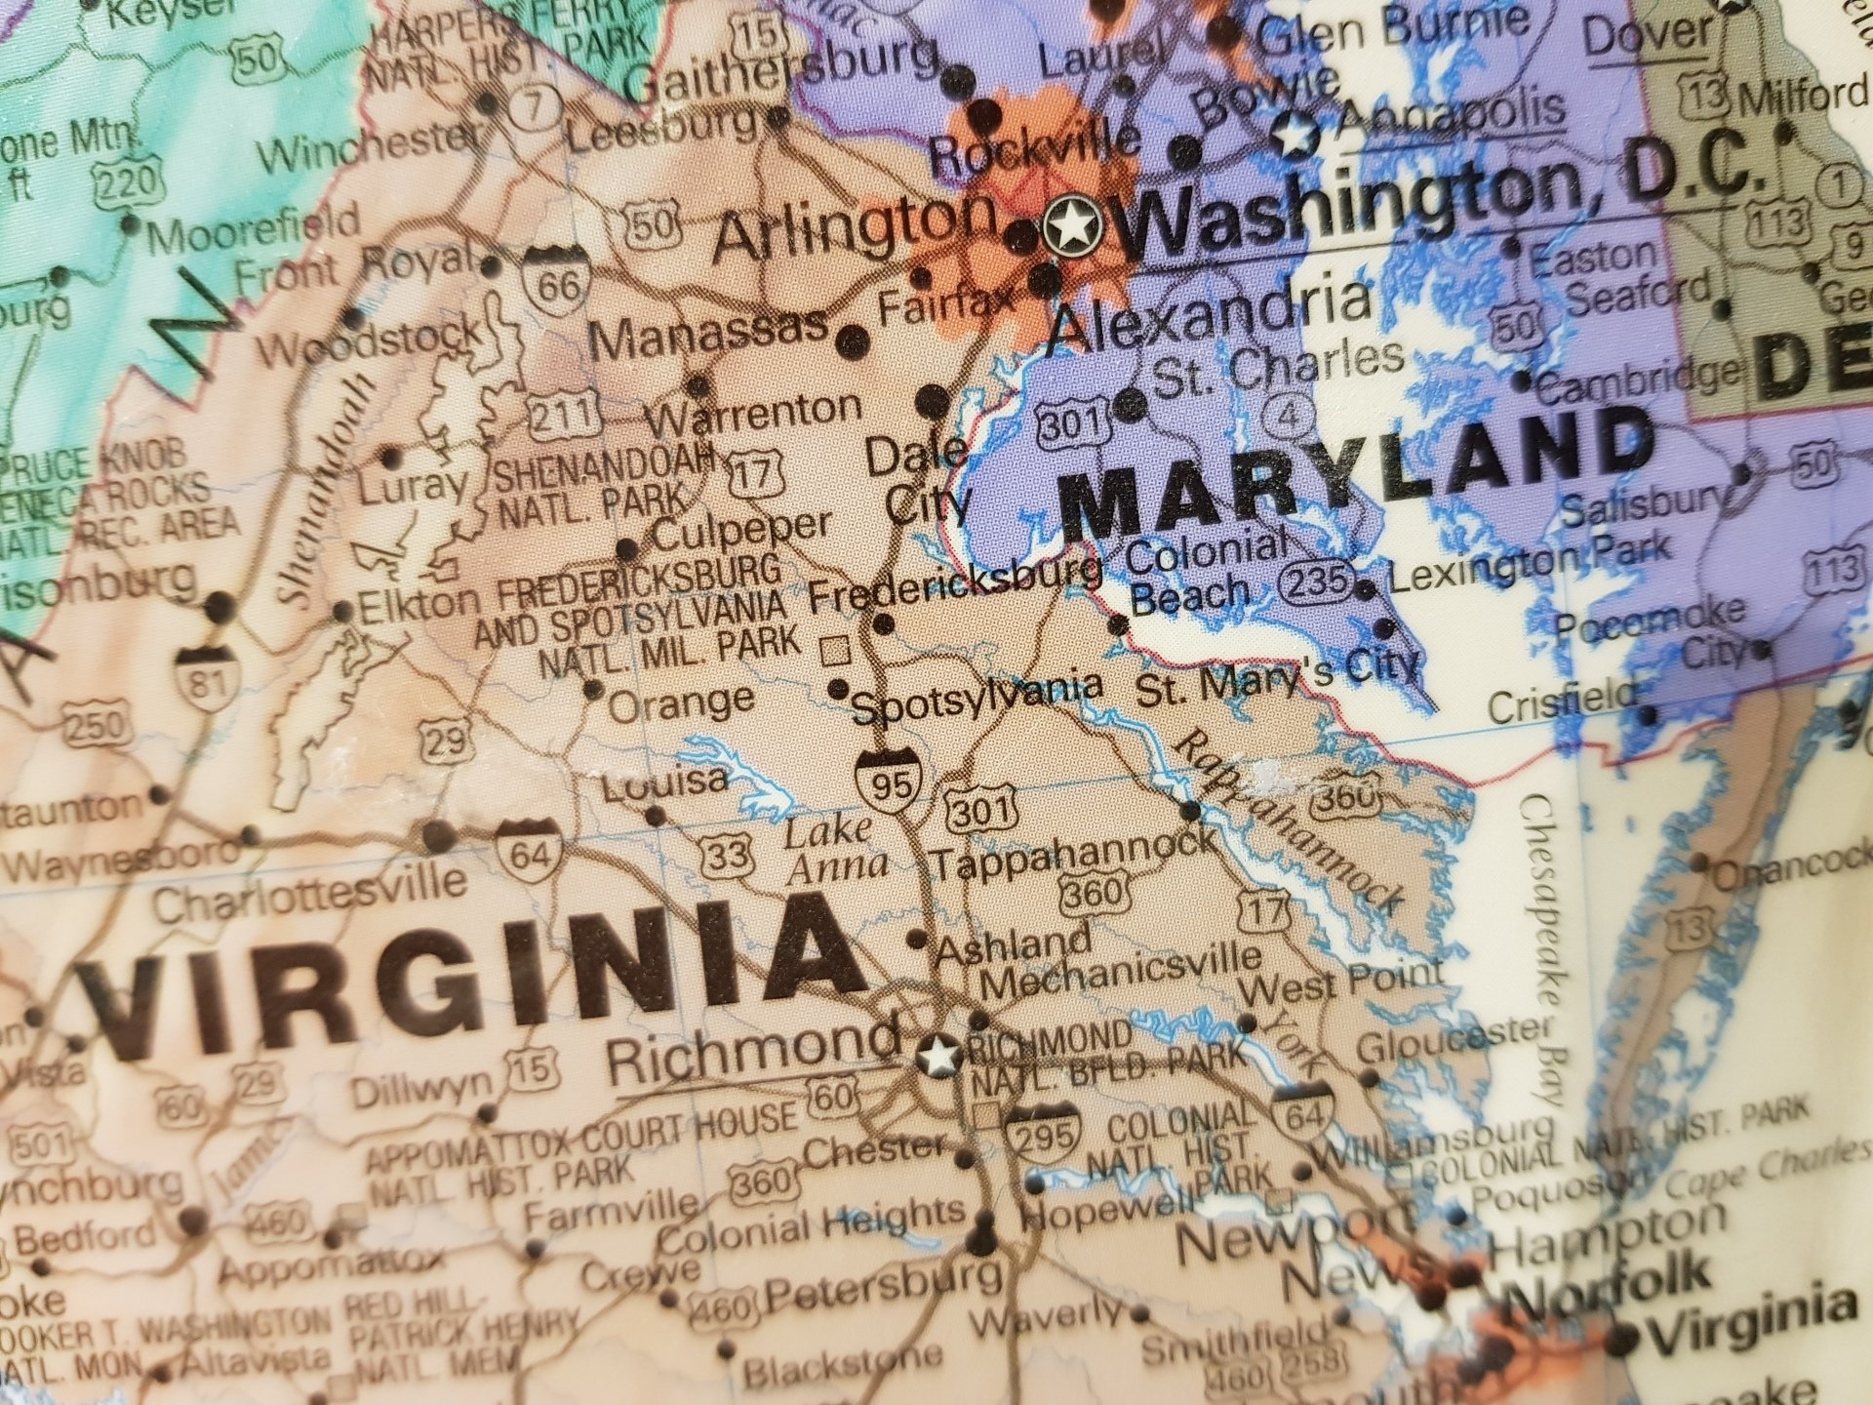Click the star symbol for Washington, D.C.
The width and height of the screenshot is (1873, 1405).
coord(1071,227)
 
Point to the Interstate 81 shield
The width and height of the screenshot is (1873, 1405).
coord(206,675)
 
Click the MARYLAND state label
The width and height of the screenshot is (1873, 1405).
coord(1356,476)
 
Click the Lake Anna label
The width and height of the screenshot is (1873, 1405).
coord(835,848)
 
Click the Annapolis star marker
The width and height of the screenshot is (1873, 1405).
coord(1295,135)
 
